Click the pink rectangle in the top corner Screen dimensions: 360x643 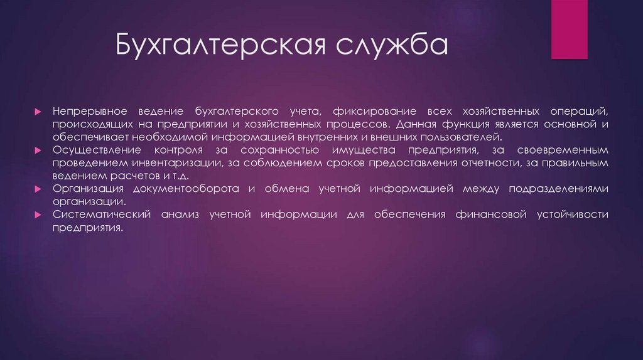(569, 29)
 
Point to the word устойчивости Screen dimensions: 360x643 (573, 214)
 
